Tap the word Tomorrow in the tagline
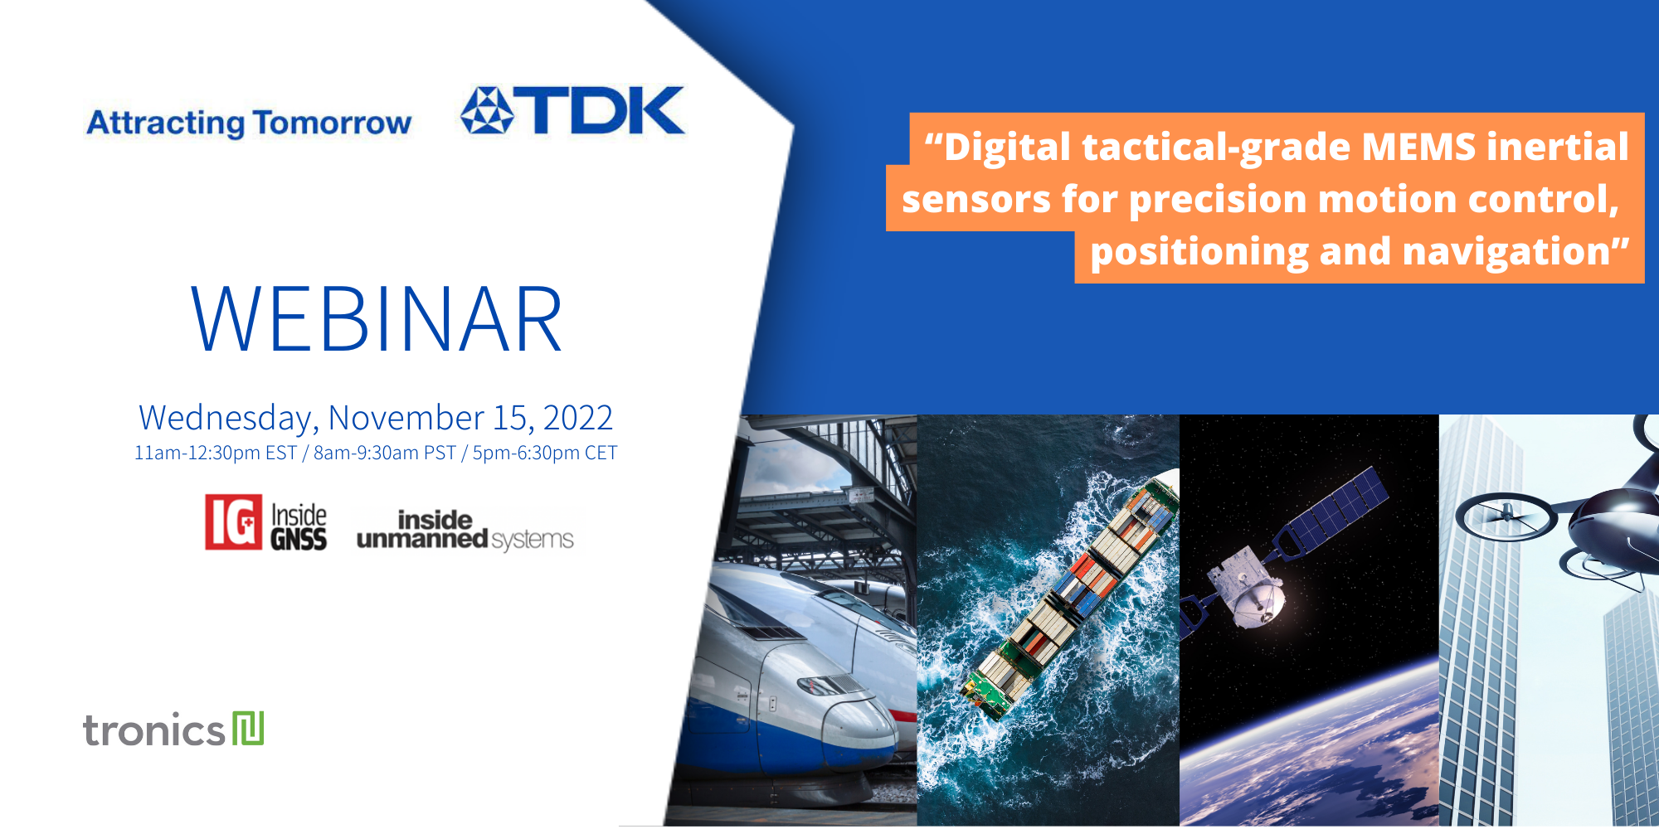pyautogui.click(x=332, y=123)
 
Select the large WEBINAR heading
pyautogui.click(x=377, y=319)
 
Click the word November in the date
pyautogui.click(x=406, y=418)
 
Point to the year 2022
pyautogui.click(x=577, y=418)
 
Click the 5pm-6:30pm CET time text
pyautogui.click(x=544, y=453)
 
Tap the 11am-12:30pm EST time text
pyautogui.click(x=215, y=453)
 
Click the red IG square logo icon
pyautogui.click(x=233, y=522)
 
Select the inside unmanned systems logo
pyautogui.click(x=465, y=531)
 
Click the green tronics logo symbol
pyautogui.click(x=248, y=729)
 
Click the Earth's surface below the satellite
pyautogui.click(x=1311, y=746)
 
